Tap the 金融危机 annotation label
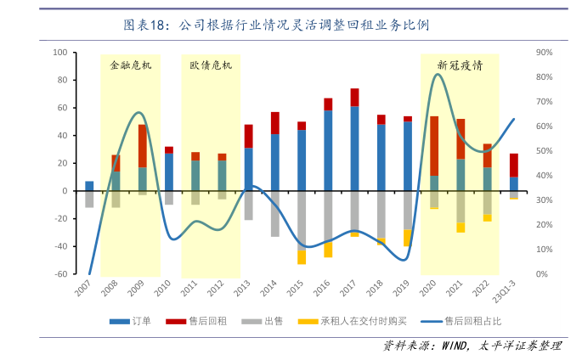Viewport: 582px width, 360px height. click(x=131, y=65)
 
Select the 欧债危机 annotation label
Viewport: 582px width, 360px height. click(x=210, y=65)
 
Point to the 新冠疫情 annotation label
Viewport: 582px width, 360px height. click(x=460, y=65)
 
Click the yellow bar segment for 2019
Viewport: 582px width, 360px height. click(x=408, y=238)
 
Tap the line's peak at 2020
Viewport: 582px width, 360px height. click(x=437, y=75)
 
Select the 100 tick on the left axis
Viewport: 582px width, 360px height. click(x=60, y=53)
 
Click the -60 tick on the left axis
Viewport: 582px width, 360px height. click(x=60, y=274)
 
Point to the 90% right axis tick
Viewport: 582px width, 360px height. click(x=545, y=53)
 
